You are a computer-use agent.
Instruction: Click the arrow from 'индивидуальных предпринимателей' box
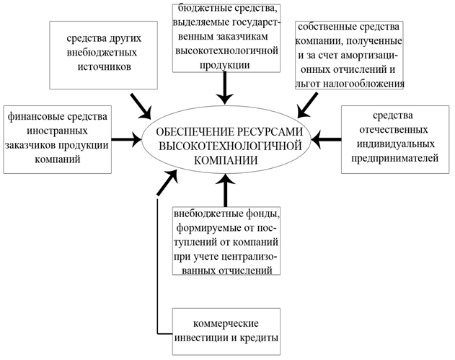coord(326,139)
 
